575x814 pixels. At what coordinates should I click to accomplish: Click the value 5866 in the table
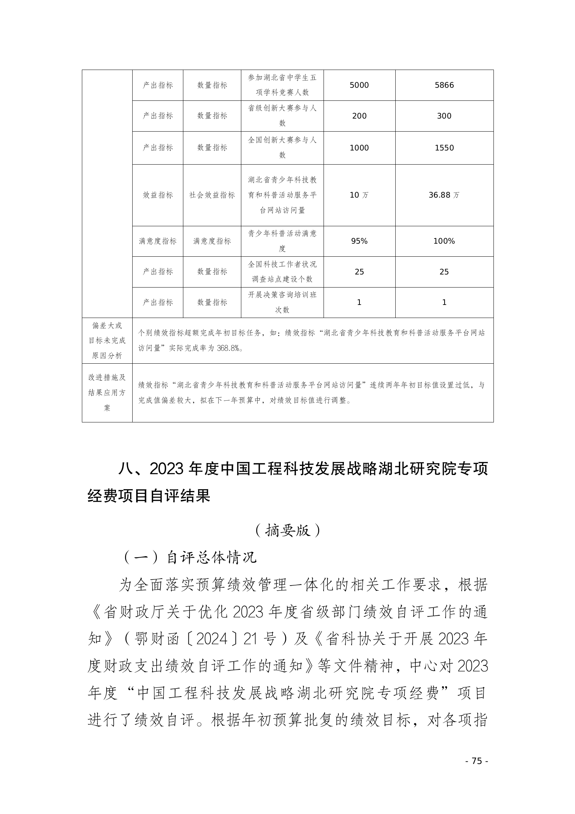pyautogui.click(x=444, y=85)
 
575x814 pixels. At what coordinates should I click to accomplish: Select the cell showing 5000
pyautogui.click(x=359, y=85)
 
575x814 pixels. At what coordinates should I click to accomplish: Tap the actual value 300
pyautogui.click(x=444, y=116)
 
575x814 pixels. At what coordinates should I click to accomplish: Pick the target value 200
pyautogui.click(x=359, y=116)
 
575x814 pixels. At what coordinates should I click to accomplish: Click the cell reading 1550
pyautogui.click(x=444, y=148)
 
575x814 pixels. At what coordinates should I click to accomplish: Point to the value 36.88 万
pyautogui.click(x=444, y=195)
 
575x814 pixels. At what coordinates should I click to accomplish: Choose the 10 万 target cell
pyautogui.click(x=359, y=195)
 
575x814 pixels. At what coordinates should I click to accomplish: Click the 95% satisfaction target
pyautogui.click(x=359, y=241)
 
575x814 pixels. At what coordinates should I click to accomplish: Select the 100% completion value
pyautogui.click(x=444, y=241)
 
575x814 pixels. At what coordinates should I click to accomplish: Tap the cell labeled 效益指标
pyautogui.click(x=158, y=195)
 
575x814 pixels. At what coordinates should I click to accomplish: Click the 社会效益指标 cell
pyautogui.click(x=212, y=195)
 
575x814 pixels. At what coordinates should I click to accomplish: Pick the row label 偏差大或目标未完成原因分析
pyautogui.click(x=107, y=340)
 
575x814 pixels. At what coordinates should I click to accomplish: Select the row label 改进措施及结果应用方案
pyautogui.click(x=107, y=393)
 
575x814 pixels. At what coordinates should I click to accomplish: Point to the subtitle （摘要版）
pyautogui.click(x=287, y=531)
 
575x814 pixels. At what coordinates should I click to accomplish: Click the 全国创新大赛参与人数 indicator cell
pyautogui.click(x=282, y=148)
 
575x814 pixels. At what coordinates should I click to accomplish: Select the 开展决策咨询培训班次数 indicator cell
pyautogui.click(x=282, y=302)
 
